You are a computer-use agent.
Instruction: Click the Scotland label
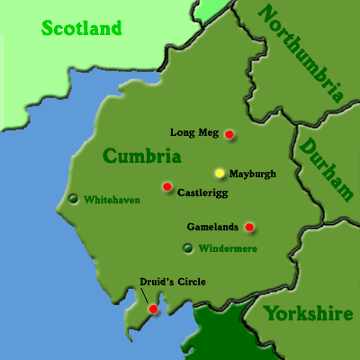tap(81, 28)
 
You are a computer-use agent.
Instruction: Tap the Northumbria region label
tap(301, 52)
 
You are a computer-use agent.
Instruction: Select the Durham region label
tap(326, 167)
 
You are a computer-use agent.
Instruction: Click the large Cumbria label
tap(141, 157)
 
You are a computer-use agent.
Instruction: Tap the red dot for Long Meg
tap(229, 134)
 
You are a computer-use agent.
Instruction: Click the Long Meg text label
tap(194, 132)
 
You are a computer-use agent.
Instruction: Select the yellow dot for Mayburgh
tap(219, 172)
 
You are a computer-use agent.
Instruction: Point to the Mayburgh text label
tap(253, 173)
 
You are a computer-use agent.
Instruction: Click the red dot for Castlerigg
tap(166, 186)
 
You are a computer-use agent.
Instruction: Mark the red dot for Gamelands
tap(249, 227)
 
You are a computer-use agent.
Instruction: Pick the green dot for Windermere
tap(187, 247)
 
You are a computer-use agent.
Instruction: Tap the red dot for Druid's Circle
tap(153, 309)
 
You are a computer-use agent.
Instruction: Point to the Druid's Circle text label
tap(173, 282)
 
